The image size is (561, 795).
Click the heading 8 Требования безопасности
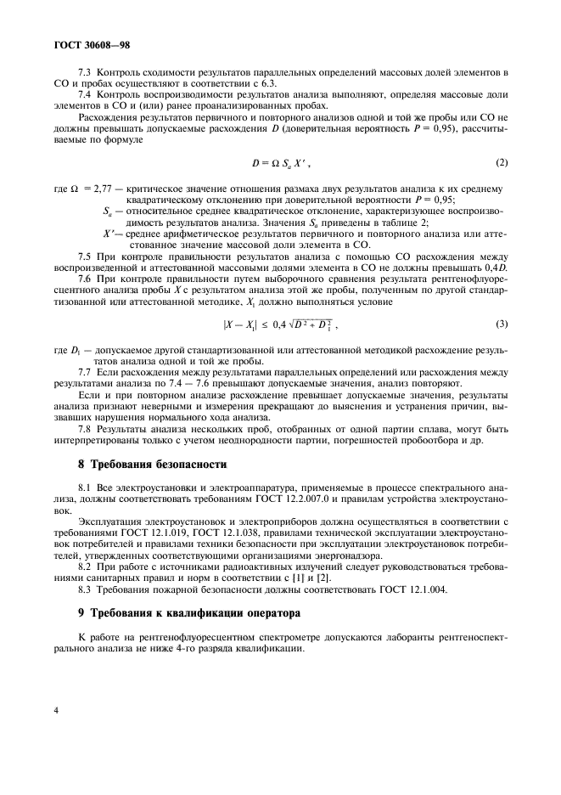point(153,465)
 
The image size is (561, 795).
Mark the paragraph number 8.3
point(86,589)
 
